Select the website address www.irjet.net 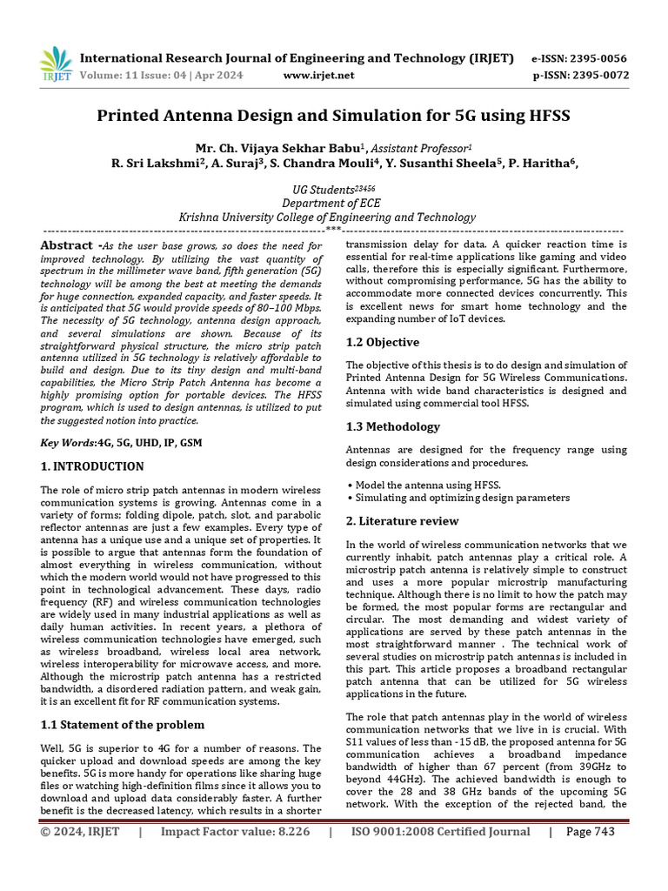pos(319,75)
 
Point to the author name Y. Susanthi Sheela pos(475,163)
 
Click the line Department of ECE pos(333,203)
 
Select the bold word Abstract pos(65,246)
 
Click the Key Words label pos(69,443)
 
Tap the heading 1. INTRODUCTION pos(92,466)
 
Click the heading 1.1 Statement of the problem pos(123,724)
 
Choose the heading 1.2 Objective pos(382,342)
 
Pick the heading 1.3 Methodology pos(392,426)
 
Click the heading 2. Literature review pos(402,520)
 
